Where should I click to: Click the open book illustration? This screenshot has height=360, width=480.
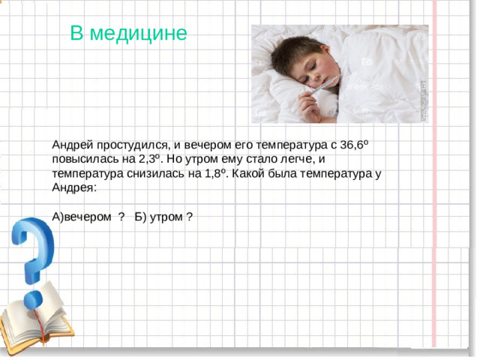pos(37,315)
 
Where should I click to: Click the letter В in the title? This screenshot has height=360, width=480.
pos(76,34)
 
